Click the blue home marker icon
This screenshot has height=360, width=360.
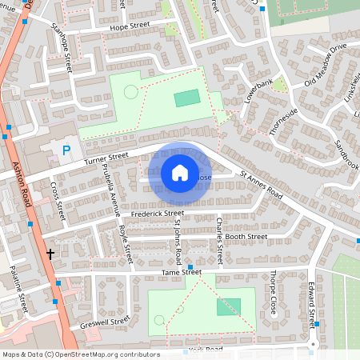(180, 173)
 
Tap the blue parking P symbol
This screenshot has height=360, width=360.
(66, 150)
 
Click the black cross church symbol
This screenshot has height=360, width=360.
(50, 254)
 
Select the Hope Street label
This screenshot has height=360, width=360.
(129, 26)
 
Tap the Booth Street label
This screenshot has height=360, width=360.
(246, 237)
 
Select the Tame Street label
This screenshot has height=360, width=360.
(181, 273)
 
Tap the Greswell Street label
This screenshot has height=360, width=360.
(105, 323)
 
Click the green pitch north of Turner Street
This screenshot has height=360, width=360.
(187, 98)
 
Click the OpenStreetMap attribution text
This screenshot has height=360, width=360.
(81, 354)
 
